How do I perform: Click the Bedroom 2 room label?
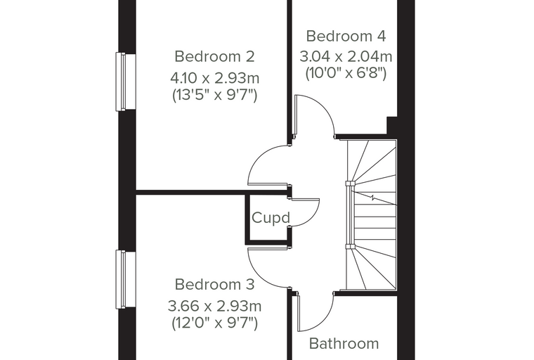(x=214, y=56)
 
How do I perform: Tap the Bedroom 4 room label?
(x=346, y=36)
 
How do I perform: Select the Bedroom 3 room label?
(x=214, y=284)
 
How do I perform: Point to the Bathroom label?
(x=344, y=343)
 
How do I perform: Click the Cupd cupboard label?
(x=271, y=217)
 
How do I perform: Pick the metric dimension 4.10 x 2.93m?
(x=215, y=79)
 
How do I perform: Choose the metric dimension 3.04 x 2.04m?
(x=346, y=56)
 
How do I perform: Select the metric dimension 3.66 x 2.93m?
(x=215, y=306)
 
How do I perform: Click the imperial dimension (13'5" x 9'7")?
(x=215, y=94)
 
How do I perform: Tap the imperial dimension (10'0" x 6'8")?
(x=346, y=72)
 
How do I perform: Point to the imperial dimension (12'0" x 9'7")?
(x=215, y=323)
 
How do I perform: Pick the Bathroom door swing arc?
(x=323, y=321)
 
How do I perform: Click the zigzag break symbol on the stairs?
(x=374, y=198)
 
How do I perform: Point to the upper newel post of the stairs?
(x=351, y=184)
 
